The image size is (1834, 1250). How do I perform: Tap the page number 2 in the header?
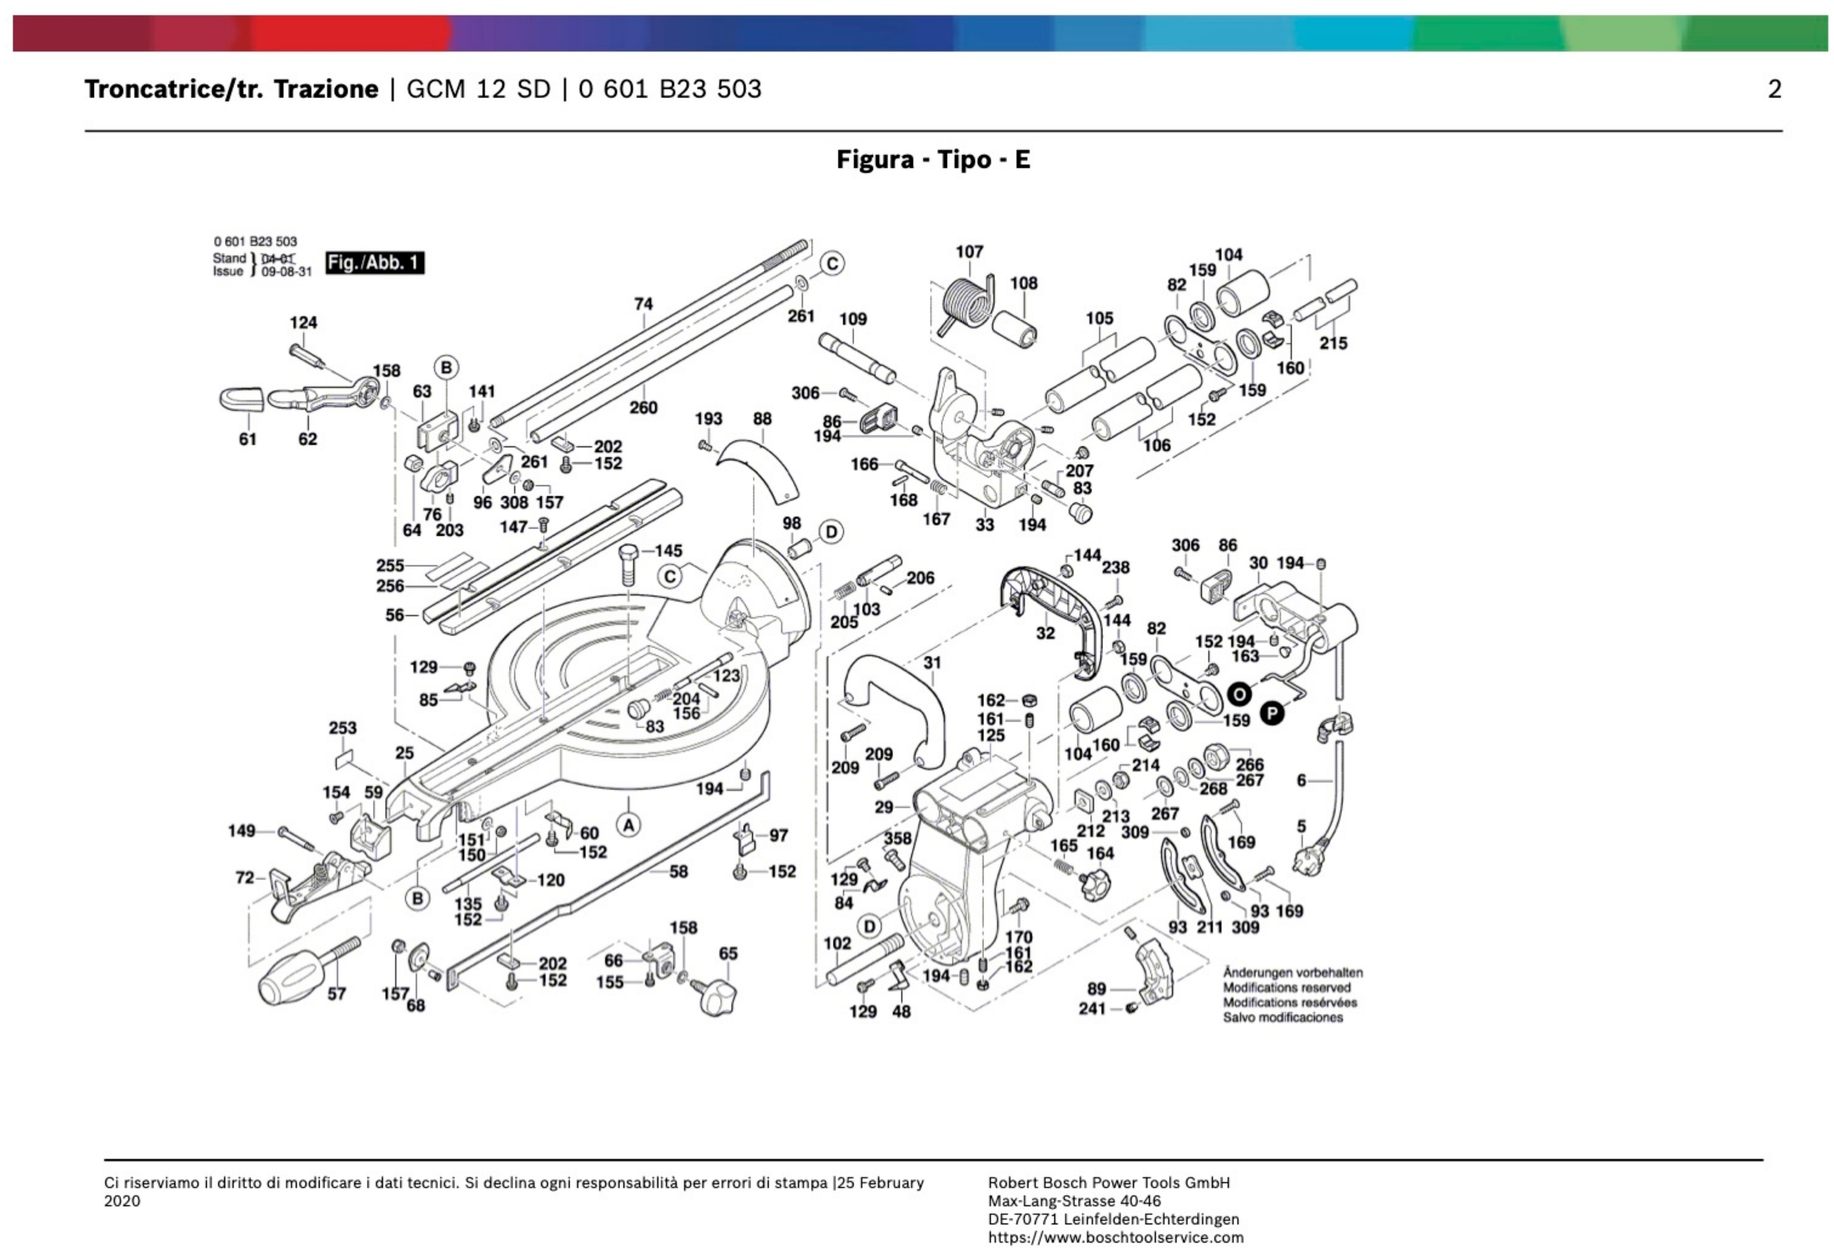pos(1774,89)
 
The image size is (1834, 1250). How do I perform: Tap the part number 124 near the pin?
pos(303,322)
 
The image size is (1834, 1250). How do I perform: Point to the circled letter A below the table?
pos(628,825)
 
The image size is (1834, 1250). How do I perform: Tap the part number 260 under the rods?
pos(643,408)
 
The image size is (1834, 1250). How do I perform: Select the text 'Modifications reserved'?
pos(1286,987)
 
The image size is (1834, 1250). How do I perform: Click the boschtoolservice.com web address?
pos(1115,1238)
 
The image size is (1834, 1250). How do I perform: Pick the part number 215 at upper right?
pos(1333,344)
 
